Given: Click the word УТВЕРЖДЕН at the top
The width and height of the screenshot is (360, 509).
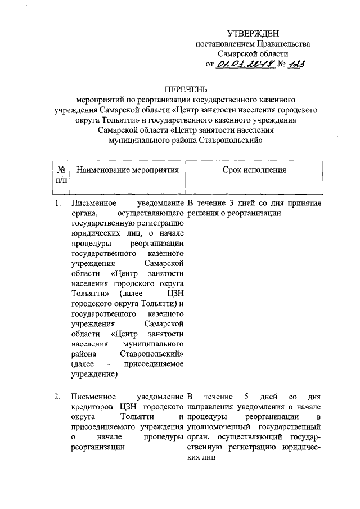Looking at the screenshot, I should (x=253, y=35).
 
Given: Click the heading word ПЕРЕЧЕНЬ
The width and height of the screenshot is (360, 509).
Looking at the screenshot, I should (x=186, y=89).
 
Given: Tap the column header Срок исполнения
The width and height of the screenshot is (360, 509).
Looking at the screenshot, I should (x=254, y=169).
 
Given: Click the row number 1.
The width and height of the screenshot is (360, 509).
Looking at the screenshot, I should (x=57, y=203).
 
